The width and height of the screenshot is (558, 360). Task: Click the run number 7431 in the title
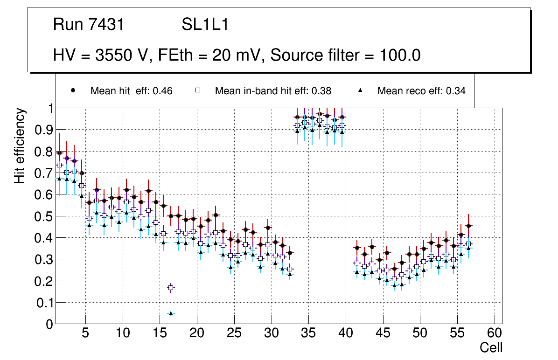coord(106,25)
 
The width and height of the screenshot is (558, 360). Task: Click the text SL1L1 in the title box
coord(205,25)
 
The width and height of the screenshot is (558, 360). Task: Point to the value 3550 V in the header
coord(123,55)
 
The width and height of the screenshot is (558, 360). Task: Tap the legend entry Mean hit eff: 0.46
coord(131,91)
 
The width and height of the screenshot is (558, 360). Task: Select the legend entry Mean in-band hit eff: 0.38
coord(273,91)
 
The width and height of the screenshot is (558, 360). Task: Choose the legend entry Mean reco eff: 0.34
coord(421,91)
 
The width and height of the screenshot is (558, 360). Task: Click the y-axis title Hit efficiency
coord(20,145)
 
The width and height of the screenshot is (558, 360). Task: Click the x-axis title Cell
coord(491,347)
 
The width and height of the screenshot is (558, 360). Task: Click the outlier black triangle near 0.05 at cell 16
coord(171,313)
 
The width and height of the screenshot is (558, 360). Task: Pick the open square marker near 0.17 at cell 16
coord(171,288)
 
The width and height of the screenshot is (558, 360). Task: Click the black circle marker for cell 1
coord(59,153)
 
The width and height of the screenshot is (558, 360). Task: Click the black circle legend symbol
coord(73,90)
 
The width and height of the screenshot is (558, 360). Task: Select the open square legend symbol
coord(197,90)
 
